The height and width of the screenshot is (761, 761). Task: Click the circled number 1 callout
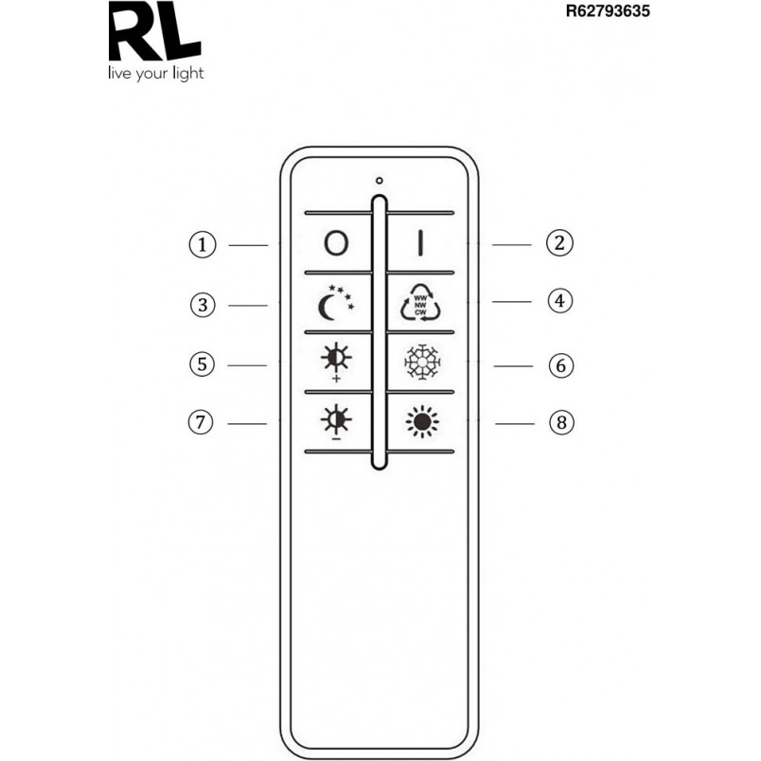point(202,244)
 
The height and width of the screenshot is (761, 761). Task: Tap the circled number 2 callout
point(559,243)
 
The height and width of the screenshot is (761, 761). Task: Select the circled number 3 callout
point(203,306)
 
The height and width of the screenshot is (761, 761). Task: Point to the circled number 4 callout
point(560,301)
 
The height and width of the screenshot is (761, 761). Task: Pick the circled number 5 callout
point(202,364)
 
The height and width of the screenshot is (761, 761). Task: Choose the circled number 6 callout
point(561,365)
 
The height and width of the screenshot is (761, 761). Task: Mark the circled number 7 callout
point(201,422)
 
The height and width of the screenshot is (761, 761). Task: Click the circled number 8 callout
point(561,422)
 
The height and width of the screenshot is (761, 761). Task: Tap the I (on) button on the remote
point(421,243)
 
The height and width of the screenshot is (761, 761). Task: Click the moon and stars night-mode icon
point(336,303)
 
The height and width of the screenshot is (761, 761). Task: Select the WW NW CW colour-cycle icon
point(421,303)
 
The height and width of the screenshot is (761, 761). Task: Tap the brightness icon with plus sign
point(336,363)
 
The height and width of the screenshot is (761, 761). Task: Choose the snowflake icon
point(422,362)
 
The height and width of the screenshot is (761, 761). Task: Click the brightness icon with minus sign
point(336,421)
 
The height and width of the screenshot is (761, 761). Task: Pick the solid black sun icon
point(422,421)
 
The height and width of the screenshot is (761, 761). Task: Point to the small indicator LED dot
point(379,181)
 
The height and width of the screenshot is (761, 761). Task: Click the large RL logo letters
point(155,30)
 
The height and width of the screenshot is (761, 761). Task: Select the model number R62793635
point(608,10)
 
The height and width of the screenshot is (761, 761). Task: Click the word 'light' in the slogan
point(188,73)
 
